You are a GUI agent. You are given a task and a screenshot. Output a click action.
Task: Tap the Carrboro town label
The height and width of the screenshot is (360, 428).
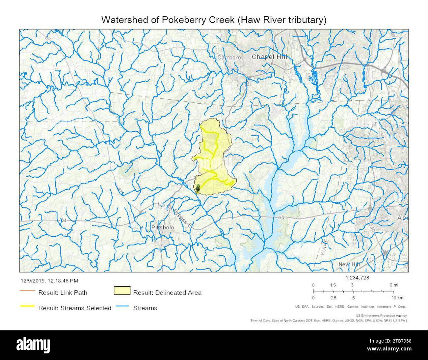pos(229,58)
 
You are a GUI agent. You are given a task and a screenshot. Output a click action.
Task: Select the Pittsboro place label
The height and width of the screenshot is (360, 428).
pos(162,228)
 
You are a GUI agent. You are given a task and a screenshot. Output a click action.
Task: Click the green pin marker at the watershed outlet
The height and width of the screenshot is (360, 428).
pos(198,188)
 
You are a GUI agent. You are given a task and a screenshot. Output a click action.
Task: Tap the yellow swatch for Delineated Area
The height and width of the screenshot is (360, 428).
pos(122,292)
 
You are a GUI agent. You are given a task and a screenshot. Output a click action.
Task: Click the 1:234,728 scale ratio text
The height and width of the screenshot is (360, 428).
pos(358,278)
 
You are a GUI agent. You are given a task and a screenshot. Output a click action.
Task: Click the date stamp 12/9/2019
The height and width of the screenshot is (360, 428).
pos(32,281)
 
